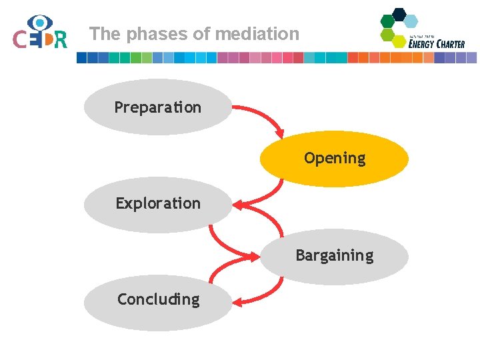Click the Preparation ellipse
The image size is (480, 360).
pyautogui.click(x=157, y=107)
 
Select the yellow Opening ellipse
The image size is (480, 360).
pyautogui.click(x=334, y=159)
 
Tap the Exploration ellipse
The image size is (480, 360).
pyautogui.click(x=157, y=204)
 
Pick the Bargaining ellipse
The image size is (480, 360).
pyautogui.click(x=334, y=256)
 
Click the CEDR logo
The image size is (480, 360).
pyautogui.click(x=40, y=33)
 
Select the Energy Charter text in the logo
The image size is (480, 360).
pyautogui.click(x=437, y=43)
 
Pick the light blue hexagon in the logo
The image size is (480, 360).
pyautogui.click(x=411, y=21)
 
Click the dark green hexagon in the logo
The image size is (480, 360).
pyautogui.click(x=387, y=21)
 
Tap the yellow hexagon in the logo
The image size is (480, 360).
pyautogui.click(x=399, y=41)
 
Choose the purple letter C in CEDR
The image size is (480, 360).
pyautogui.click(x=21, y=40)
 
